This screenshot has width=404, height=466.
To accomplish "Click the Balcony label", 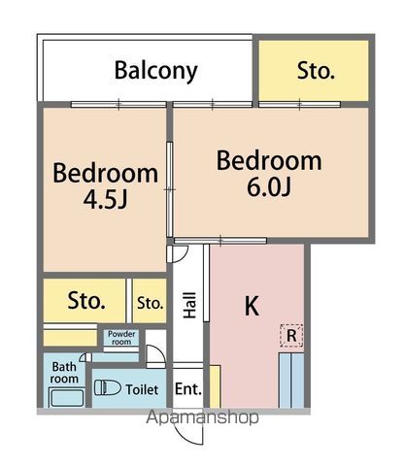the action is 156,71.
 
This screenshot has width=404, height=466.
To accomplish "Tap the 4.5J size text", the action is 106,199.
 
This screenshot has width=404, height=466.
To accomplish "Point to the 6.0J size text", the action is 269,186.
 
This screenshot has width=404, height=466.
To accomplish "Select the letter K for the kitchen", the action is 252,306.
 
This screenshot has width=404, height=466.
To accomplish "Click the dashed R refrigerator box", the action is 291,336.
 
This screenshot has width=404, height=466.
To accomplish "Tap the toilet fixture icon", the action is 108,387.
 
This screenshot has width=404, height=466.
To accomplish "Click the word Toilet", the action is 142,389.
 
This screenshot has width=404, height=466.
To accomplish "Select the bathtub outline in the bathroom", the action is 67,397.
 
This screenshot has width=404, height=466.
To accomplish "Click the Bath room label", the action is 64,373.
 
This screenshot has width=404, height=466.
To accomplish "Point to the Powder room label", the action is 121,338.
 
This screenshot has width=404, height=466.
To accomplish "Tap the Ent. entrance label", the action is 188,389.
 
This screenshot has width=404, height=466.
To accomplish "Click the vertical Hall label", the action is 189,305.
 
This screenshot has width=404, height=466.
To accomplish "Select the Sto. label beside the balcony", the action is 316,71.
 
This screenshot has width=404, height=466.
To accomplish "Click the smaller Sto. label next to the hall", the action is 150,303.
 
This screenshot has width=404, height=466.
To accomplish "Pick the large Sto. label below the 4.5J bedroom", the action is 86,301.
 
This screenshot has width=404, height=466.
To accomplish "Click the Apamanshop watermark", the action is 202,417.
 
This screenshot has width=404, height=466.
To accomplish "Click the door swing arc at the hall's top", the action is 183,255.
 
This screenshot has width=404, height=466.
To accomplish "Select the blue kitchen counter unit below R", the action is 291,381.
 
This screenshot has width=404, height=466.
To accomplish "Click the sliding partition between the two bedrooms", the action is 169,189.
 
